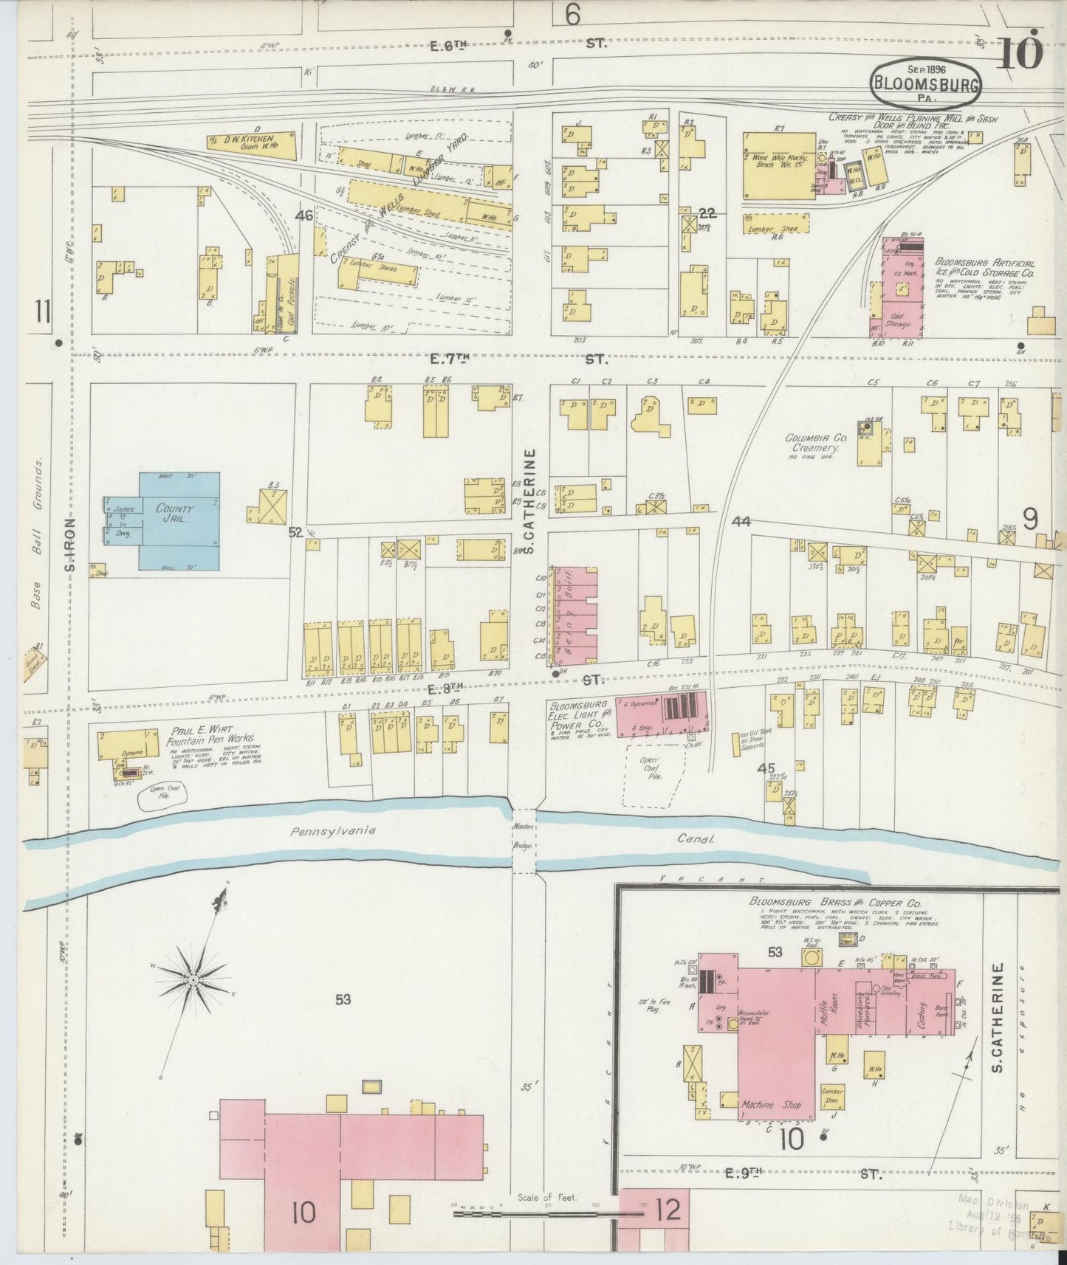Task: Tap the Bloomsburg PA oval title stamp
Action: coord(926,83)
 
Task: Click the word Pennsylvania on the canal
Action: coord(332,830)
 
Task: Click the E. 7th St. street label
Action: coord(517,359)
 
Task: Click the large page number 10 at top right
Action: coord(1022,52)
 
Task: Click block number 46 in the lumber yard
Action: coord(303,216)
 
